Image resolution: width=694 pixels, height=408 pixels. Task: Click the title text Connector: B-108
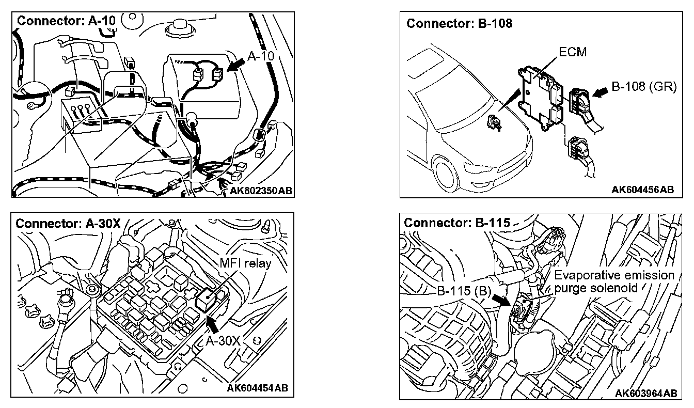tap(460, 24)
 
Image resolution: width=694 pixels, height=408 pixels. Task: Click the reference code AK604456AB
tap(642, 190)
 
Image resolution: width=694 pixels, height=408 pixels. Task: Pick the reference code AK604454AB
tap(258, 388)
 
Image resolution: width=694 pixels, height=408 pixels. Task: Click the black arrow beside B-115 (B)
tap(502, 300)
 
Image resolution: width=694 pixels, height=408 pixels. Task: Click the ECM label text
tap(573, 52)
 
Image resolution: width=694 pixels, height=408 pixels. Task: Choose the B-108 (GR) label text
tap(643, 86)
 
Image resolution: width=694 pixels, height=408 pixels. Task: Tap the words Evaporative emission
tap(614, 275)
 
